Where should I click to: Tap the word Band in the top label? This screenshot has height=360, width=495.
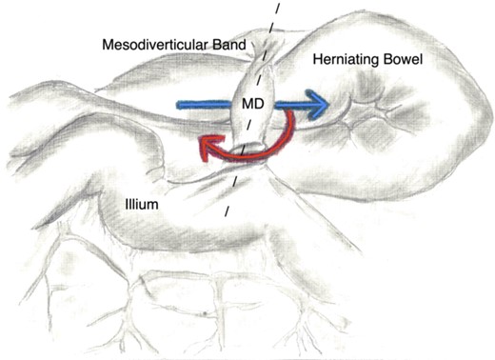tap(232, 44)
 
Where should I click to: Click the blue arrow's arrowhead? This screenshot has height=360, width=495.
tap(320, 105)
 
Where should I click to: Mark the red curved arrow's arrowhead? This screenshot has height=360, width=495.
tap(204, 145)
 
